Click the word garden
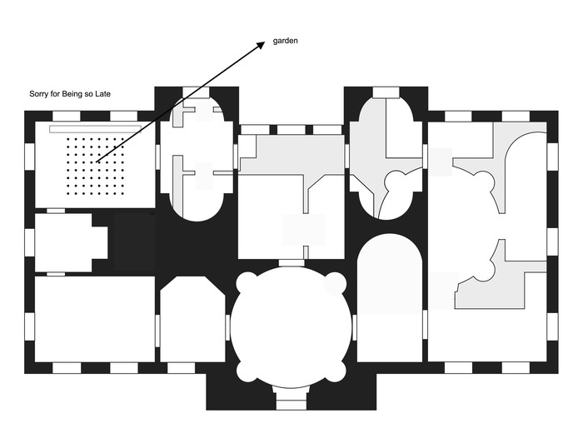(x=285, y=41)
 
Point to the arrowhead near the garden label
(x=261, y=45)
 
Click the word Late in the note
(x=102, y=94)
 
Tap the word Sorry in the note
(x=38, y=94)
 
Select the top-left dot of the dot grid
(x=68, y=139)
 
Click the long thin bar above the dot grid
(x=96, y=129)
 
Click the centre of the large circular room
(x=291, y=327)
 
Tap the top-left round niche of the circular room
(x=246, y=281)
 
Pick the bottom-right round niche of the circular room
(x=336, y=372)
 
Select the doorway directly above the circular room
(x=291, y=263)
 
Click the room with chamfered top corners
(x=192, y=319)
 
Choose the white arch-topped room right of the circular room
(x=389, y=297)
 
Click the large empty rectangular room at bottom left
(x=95, y=319)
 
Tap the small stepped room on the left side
(x=72, y=242)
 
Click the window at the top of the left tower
(x=197, y=92)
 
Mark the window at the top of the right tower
(x=386, y=92)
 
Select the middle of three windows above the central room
(x=291, y=130)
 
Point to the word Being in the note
(x=72, y=94)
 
